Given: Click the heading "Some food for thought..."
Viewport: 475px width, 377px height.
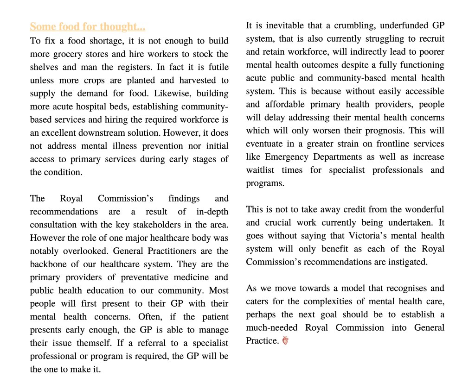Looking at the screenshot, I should (88, 26).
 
